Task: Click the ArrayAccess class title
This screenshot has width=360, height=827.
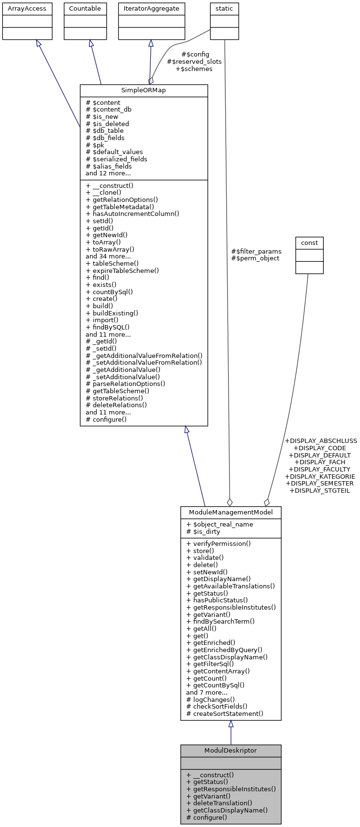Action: [x=27, y=9]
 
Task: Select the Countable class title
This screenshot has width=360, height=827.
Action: [x=85, y=9]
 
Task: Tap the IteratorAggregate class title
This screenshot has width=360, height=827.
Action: [x=151, y=9]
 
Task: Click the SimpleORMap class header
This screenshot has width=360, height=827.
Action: [x=144, y=91]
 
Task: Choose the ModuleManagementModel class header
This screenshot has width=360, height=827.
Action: [x=230, y=513]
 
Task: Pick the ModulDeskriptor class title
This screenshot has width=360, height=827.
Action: [x=230, y=751]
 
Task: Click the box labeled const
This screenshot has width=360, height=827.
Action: [x=309, y=242]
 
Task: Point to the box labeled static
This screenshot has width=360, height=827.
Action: [x=224, y=9]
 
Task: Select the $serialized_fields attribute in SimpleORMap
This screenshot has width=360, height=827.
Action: [x=116, y=159]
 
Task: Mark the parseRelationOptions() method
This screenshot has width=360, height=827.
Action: [x=125, y=384]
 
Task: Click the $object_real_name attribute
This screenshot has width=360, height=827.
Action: [x=219, y=525]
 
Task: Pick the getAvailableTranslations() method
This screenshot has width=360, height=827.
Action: [x=230, y=586]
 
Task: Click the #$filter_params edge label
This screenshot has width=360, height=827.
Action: [x=256, y=251]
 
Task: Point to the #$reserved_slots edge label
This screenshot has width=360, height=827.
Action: [x=194, y=62]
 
